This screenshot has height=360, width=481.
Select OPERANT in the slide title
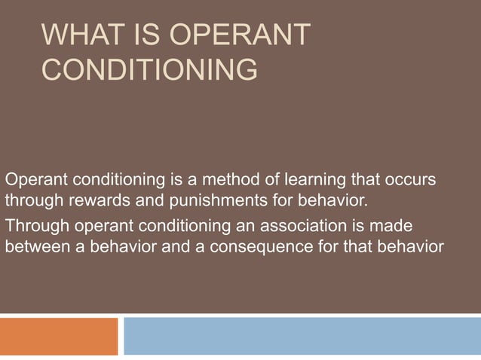(x=242, y=35)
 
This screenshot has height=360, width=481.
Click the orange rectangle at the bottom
(x=59, y=336)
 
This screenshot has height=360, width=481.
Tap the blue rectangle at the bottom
(x=302, y=336)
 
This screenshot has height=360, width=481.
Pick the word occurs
(x=410, y=181)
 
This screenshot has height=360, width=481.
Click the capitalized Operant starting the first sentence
(x=32, y=181)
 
